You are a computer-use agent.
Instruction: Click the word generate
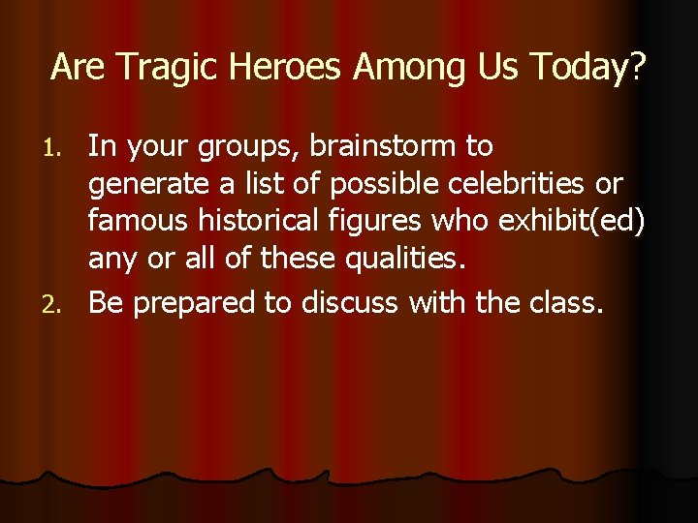[x=147, y=185]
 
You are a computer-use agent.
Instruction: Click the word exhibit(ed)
[x=570, y=222]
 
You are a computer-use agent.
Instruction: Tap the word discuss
[x=353, y=304]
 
